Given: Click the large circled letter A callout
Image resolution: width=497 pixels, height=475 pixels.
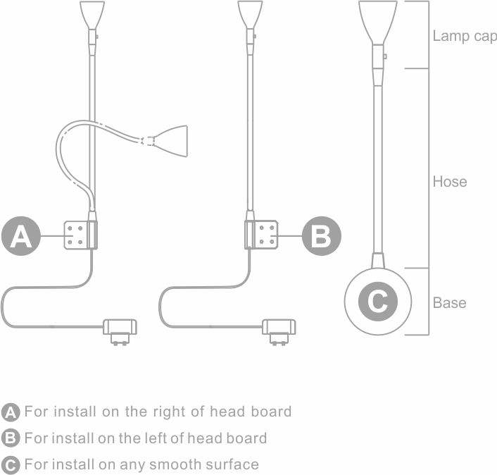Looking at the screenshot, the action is (x=21, y=236).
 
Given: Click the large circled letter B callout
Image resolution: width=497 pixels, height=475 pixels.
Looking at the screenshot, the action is (x=322, y=236).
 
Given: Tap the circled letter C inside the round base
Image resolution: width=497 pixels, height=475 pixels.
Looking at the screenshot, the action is (x=378, y=301).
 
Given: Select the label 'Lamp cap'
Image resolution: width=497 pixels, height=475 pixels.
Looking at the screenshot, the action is (x=465, y=37).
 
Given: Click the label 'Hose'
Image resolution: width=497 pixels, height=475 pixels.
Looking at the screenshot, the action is (x=450, y=182).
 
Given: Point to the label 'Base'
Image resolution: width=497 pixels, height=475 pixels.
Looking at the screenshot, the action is (x=449, y=303).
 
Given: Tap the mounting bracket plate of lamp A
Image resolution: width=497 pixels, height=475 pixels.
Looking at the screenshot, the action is (x=80, y=235).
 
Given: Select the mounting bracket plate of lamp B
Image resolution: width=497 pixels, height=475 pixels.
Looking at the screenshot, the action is (x=261, y=235).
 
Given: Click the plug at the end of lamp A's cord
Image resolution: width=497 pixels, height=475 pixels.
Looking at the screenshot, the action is (x=120, y=331).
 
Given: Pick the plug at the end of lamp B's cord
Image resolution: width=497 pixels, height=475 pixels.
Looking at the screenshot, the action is (x=279, y=331).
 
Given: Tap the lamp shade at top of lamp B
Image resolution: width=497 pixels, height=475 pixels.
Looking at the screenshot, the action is (x=250, y=15).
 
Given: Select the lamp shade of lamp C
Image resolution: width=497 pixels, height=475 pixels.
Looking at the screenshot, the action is (x=378, y=23).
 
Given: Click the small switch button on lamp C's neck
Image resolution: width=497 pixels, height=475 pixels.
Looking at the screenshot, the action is (x=385, y=56).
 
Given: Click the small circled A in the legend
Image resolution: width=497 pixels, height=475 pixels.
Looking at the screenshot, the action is (x=11, y=412).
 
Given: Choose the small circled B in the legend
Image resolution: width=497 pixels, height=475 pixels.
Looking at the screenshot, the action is (x=11, y=438).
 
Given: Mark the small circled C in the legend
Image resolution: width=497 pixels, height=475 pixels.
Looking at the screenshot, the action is (x=11, y=465).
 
